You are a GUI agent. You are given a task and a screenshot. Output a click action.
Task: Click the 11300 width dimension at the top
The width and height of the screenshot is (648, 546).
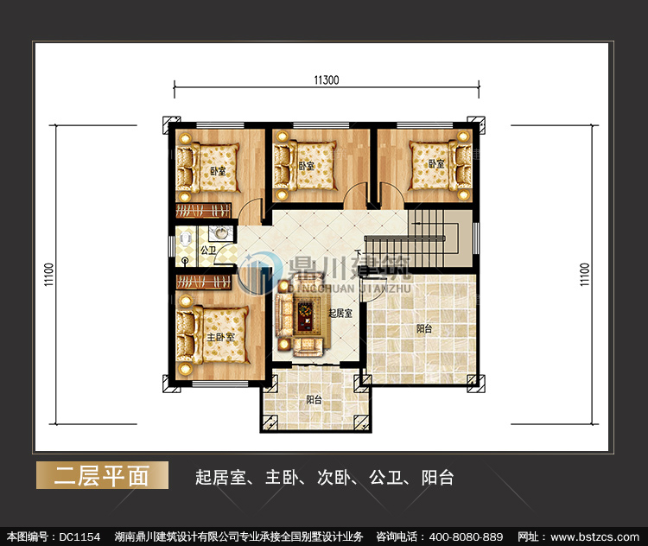tap(326, 80)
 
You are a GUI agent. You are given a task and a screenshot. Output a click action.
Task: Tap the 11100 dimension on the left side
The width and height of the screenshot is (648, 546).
tap(49, 275)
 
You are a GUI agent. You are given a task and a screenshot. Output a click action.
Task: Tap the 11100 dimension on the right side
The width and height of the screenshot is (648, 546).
tap(584, 275)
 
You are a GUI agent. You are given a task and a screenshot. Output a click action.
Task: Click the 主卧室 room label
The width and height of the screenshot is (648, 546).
tap(220, 337)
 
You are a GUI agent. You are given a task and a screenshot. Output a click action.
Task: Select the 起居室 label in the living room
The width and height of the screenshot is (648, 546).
tap(340, 314)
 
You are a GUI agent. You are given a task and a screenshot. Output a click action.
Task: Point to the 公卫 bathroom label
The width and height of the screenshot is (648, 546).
tap(208, 250)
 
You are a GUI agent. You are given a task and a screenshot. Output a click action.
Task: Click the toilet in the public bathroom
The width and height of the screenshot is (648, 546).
tap(186, 238)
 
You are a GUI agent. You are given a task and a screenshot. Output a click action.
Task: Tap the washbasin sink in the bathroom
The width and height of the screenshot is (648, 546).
tap(220, 233)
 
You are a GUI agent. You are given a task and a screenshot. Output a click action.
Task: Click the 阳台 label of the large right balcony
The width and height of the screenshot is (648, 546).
tap(424, 328)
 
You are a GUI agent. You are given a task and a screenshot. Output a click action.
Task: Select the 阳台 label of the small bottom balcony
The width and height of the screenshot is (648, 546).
tap(314, 400)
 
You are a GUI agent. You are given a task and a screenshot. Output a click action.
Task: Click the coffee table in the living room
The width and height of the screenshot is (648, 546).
tap(306, 317)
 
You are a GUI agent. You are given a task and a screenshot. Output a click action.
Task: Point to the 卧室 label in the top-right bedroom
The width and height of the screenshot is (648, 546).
tap(435, 164)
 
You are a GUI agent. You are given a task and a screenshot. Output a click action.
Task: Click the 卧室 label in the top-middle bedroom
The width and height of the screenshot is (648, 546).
tap(307, 166)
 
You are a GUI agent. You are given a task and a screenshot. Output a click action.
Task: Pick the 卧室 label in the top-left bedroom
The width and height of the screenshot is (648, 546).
tap(219, 171)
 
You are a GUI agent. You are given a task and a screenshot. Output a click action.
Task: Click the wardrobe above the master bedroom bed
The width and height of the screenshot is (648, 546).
tap(203, 282)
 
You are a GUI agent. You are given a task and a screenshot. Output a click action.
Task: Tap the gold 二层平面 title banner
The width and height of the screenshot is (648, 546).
tap(102, 475)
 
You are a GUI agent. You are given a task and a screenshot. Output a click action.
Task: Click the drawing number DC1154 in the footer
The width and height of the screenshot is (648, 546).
tap(79, 536)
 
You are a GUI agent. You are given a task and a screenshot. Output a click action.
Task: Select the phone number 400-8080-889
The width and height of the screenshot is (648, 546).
tap(466, 536)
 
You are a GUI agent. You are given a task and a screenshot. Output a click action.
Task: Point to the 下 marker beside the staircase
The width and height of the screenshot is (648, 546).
tap(358, 253)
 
